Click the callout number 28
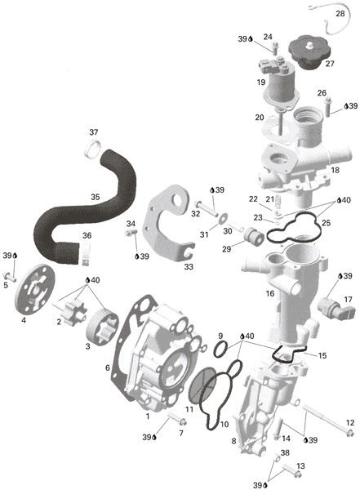(340, 15)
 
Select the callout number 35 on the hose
(95, 197)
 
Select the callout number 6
(107, 367)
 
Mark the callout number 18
(336, 170)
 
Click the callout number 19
(261, 82)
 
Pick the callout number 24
(268, 37)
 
